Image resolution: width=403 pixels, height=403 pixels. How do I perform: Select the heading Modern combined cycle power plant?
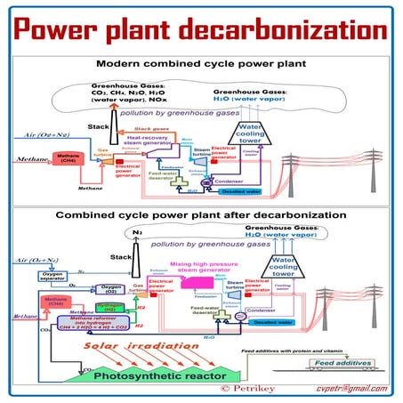[x=201, y=65]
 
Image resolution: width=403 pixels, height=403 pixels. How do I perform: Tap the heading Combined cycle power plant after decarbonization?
[x=201, y=215]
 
